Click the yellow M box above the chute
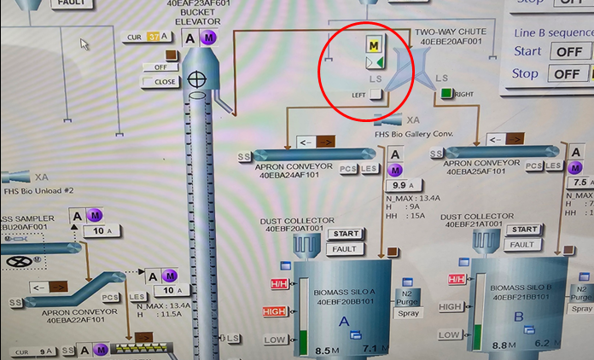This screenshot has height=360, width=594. coord(374,44)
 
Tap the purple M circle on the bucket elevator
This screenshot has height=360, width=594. coord(209,38)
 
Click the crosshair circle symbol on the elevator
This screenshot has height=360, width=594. coord(198,79)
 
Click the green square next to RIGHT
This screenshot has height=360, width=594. coord(445,93)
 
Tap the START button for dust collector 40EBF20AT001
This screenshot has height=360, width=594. coord(345,234)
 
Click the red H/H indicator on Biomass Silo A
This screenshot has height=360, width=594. coord(279,282)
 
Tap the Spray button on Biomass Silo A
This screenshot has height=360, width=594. coord(408,313)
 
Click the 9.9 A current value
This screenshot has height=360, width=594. coord(399,184)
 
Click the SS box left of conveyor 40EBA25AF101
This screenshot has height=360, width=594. coord(436,153)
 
